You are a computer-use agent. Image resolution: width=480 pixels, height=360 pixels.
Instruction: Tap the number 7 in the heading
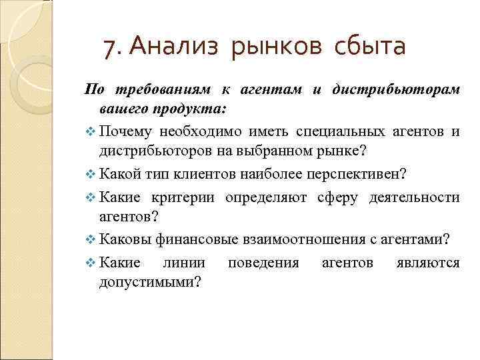click(111, 48)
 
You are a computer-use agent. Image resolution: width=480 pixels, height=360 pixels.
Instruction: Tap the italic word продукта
click(193, 107)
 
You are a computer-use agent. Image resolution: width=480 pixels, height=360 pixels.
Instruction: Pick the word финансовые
click(193, 239)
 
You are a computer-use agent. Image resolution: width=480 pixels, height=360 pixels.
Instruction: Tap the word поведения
click(263, 263)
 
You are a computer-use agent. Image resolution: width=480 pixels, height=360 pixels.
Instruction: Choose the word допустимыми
click(150, 281)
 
